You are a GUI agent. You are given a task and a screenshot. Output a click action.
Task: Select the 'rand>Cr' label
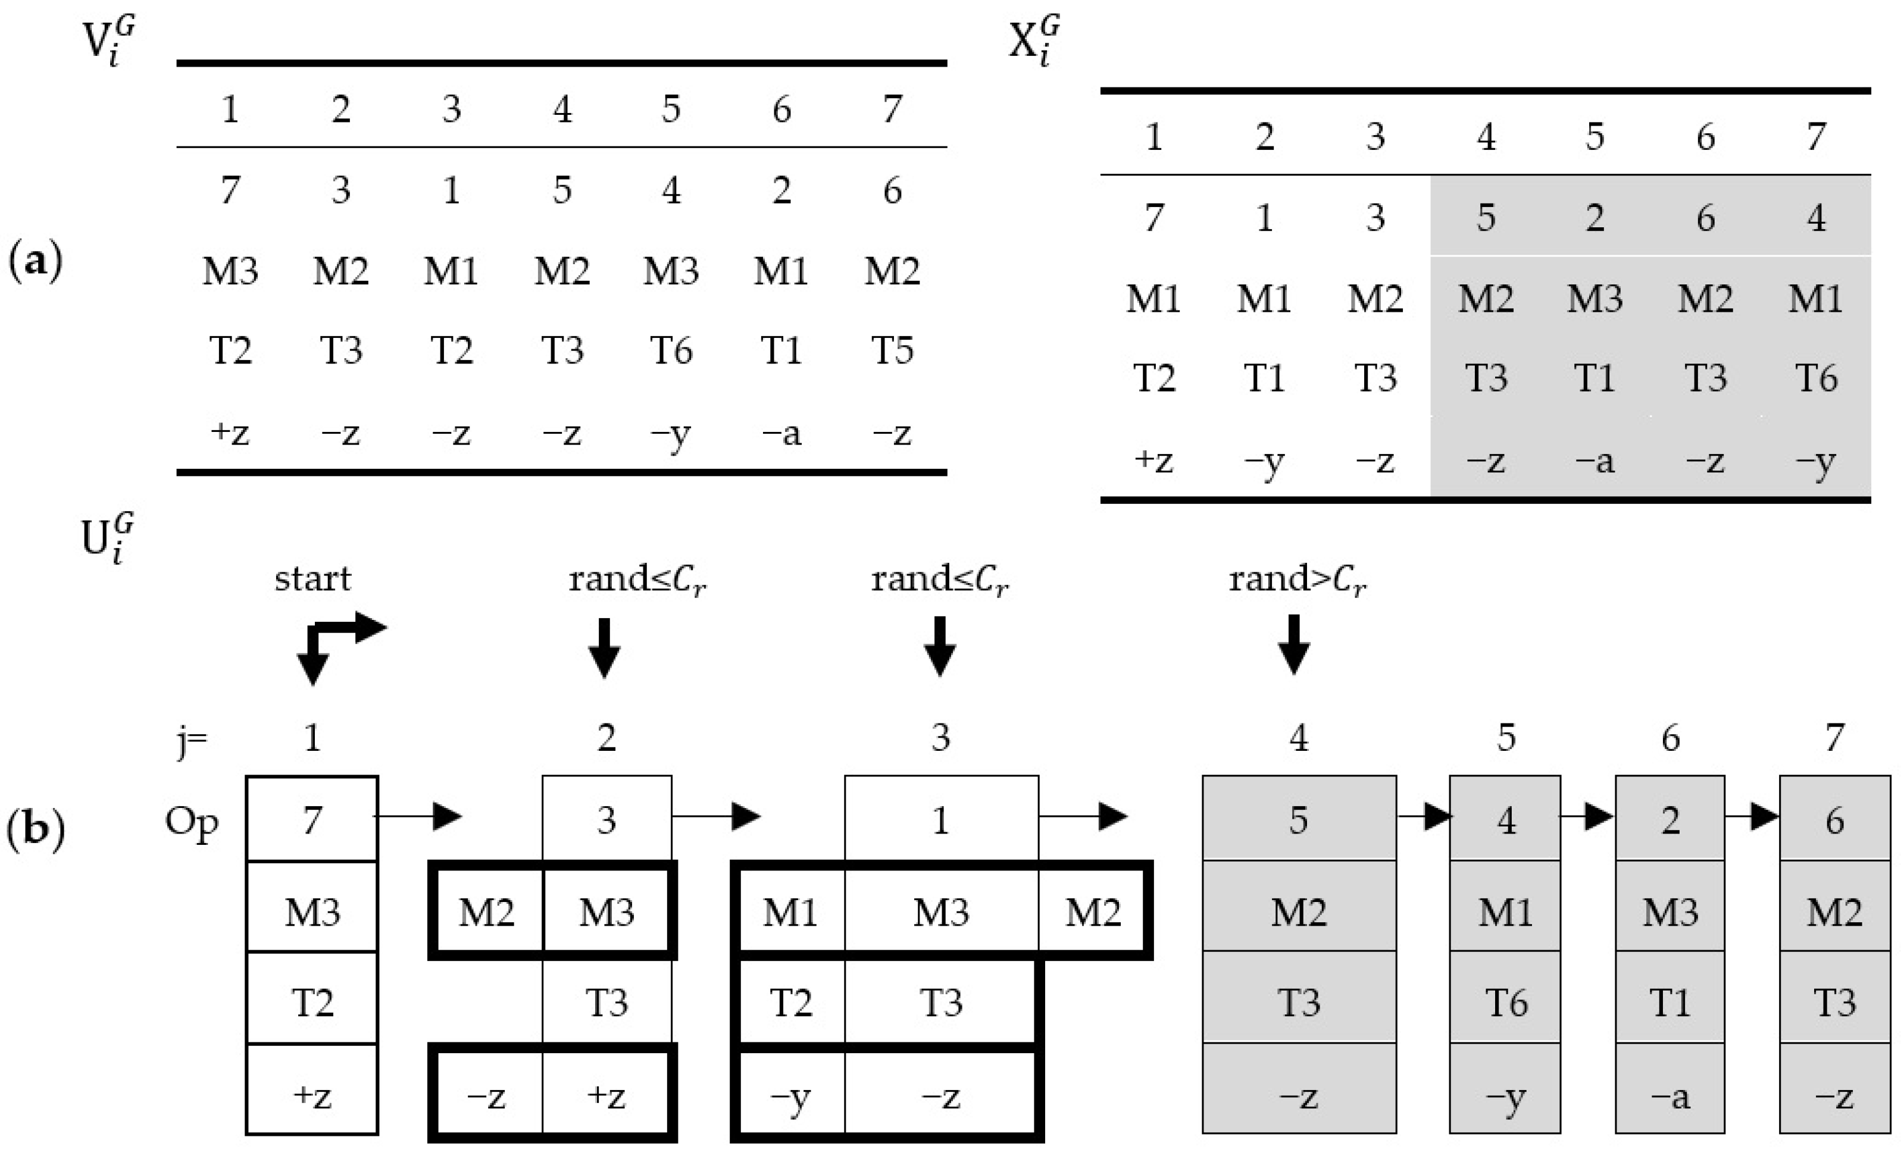click(1298, 579)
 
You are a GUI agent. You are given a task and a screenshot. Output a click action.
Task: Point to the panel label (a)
click(35, 261)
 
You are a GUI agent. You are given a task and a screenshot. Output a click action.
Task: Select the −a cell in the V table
click(781, 434)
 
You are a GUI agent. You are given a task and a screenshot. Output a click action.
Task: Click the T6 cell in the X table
click(1816, 378)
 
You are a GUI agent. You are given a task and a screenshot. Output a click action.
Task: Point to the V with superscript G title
click(108, 40)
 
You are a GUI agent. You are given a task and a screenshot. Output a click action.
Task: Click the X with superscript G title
click(1034, 40)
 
